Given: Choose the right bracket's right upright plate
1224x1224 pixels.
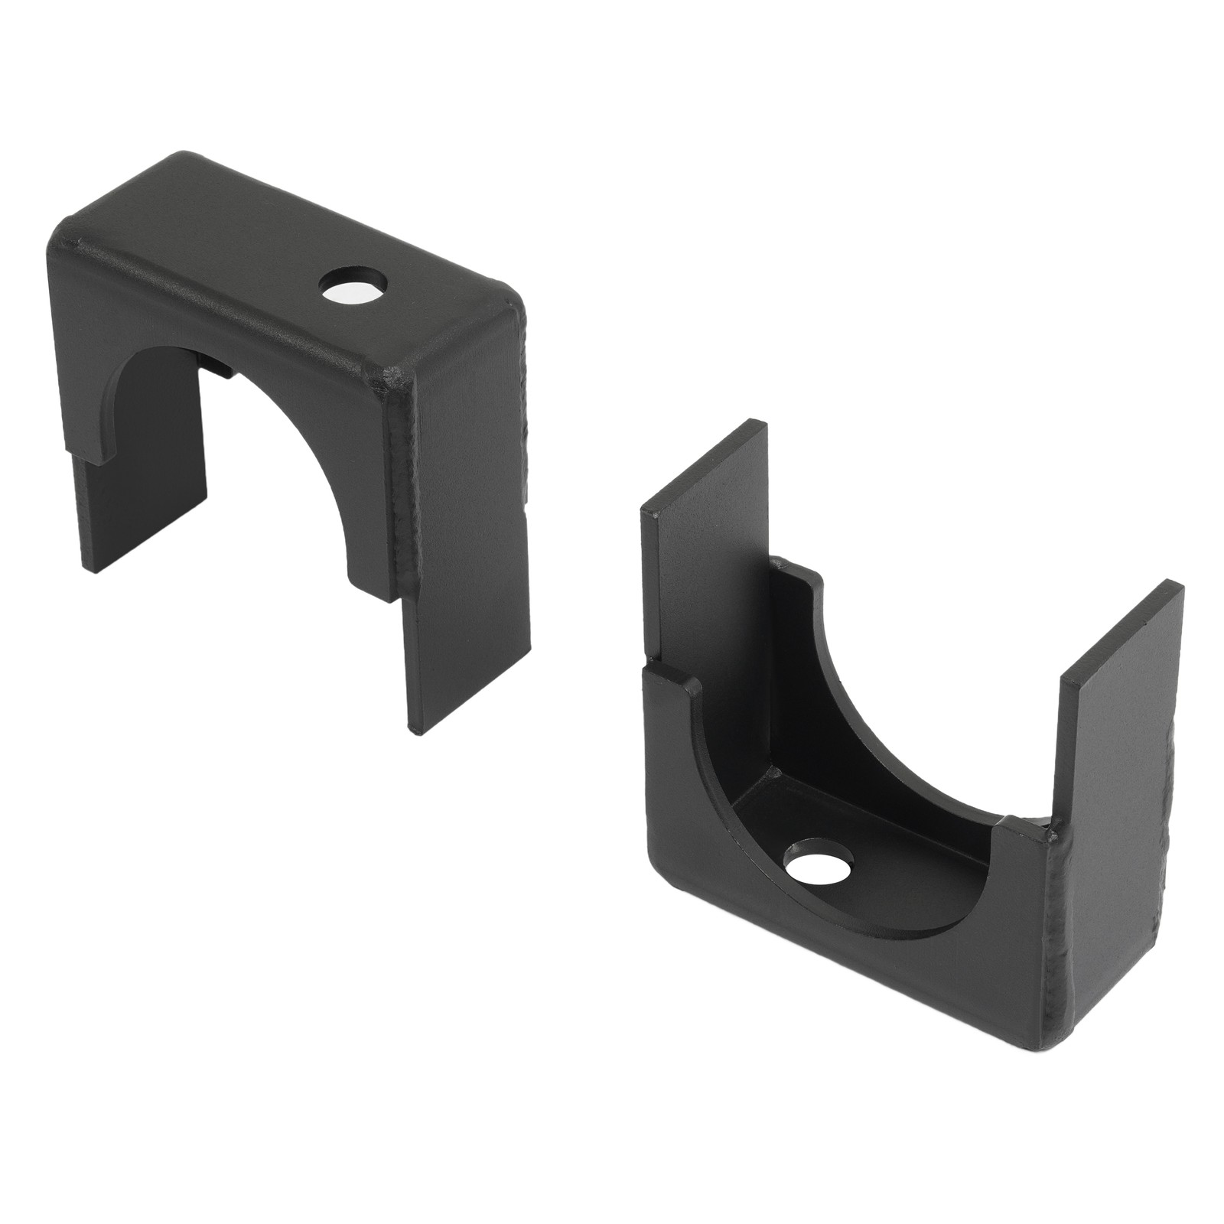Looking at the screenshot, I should point(1117,688).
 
